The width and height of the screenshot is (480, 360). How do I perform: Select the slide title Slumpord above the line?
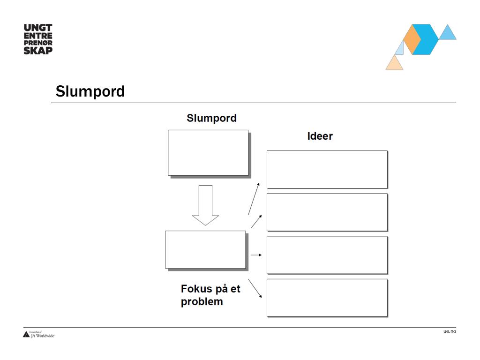click(90, 91)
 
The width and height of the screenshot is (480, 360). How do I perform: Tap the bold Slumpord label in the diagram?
click(211, 118)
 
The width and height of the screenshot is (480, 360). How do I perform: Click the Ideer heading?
click(320, 136)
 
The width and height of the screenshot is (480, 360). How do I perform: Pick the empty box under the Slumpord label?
click(208, 153)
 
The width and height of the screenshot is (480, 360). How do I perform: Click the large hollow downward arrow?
click(205, 205)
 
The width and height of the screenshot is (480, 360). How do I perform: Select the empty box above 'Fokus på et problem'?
click(205, 249)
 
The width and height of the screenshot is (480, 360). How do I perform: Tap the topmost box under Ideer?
click(327, 169)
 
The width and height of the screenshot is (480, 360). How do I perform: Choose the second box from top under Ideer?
click(327, 212)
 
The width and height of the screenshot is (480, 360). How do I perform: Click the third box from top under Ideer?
click(327, 255)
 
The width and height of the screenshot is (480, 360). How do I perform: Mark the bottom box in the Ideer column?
click(327, 298)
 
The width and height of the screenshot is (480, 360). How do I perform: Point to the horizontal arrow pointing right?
click(255, 255)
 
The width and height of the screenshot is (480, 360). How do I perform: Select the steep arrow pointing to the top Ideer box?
click(254, 199)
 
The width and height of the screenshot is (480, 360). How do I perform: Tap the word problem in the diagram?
click(202, 301)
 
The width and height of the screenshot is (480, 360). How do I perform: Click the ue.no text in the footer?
click(449, 332)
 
